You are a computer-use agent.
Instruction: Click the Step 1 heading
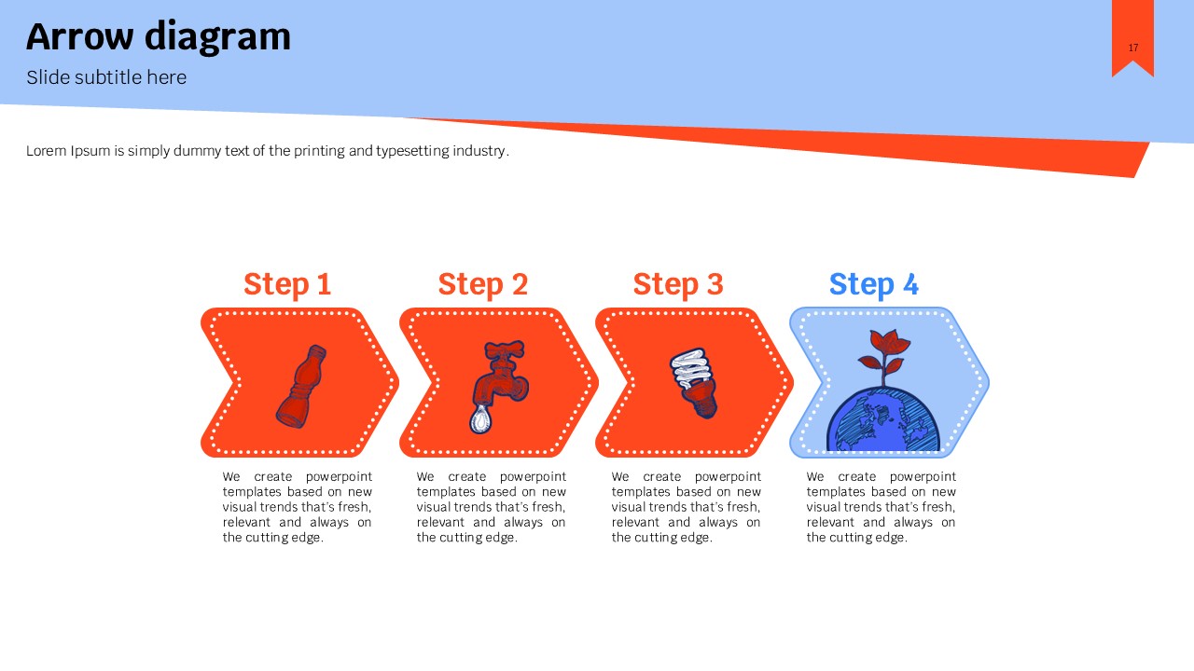pos(287,284)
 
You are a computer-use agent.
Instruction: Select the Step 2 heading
pos(483,284)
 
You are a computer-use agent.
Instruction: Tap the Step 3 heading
pos(678,284)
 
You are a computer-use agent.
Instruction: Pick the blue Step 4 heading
pos(874,284)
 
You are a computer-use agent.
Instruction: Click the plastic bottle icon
pos(301,386)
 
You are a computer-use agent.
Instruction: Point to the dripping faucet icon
pos(499,386)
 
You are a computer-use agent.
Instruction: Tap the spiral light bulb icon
pos(694,383)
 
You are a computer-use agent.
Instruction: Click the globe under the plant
pos(883,420)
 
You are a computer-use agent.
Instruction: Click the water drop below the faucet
pos(480,419)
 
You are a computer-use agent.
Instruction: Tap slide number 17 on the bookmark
pos(1133,48)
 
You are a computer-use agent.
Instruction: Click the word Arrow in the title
pos(80,36)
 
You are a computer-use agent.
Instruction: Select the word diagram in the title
pos(218,37)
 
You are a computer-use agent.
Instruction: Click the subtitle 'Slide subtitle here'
pos(106,77)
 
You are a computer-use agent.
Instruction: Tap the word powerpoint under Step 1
pos(339,477)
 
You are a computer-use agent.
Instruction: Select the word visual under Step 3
pos(626,506)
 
